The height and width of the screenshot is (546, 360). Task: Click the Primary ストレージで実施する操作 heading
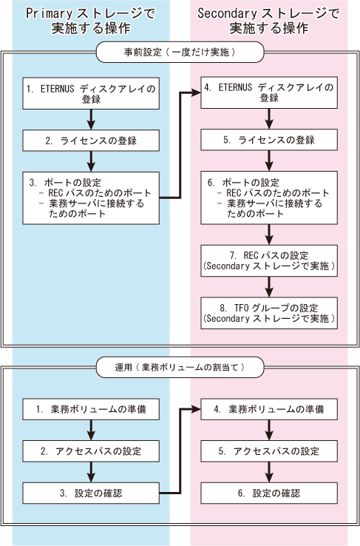pyautogui.click(x=91, y=21)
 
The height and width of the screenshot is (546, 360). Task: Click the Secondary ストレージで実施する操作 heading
pyautogui.click(x=268, y=21)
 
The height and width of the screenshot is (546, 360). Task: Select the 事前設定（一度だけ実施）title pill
pyautogui.click(x=180, y=53)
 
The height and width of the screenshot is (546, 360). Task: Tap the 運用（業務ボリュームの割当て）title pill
pyautogui.click(x=180, y=367)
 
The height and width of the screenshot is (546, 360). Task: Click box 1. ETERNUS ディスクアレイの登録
pyautogui.click(x=91, y=93)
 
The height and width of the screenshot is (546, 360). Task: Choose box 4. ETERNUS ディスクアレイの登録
pyautogui.click(x=269, y=92)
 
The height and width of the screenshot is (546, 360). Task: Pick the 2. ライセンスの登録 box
pyautogui.click(x=91, y=141)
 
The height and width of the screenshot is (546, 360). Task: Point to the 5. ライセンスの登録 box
pyautogui.click(x=269, y=140)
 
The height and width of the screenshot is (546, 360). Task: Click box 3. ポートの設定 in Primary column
pyautogui.click(x=91, y=198)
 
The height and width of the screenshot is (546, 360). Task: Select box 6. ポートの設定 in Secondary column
pyautogui.click(x=269, y=198)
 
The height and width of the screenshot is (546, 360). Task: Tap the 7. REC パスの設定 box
pyautogui.click(x=269, y=261)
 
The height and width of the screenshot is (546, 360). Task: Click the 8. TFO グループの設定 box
pyautogui.click(x=269, y=313)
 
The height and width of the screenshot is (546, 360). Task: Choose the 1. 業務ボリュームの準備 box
pyautogui.click(x=91, y=409)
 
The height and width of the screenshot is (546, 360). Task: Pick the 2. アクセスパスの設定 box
pyautogui.click(x=91, y=451)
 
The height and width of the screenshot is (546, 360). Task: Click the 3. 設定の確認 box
pyautogui.click(x=91, y=493)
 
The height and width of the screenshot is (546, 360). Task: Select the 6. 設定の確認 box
pyautogui.click(x=269, y=493)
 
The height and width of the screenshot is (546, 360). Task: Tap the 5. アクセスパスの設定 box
pyautogui.click(x=269, y=451)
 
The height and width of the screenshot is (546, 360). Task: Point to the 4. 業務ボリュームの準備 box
pyautogui.click(x=269, y=409)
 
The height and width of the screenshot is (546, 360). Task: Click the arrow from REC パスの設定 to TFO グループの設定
pyautogui.click(x=269, y=287)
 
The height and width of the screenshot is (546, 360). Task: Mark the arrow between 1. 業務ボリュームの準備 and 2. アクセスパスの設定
pyautogui.click(x=91, y=430)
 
